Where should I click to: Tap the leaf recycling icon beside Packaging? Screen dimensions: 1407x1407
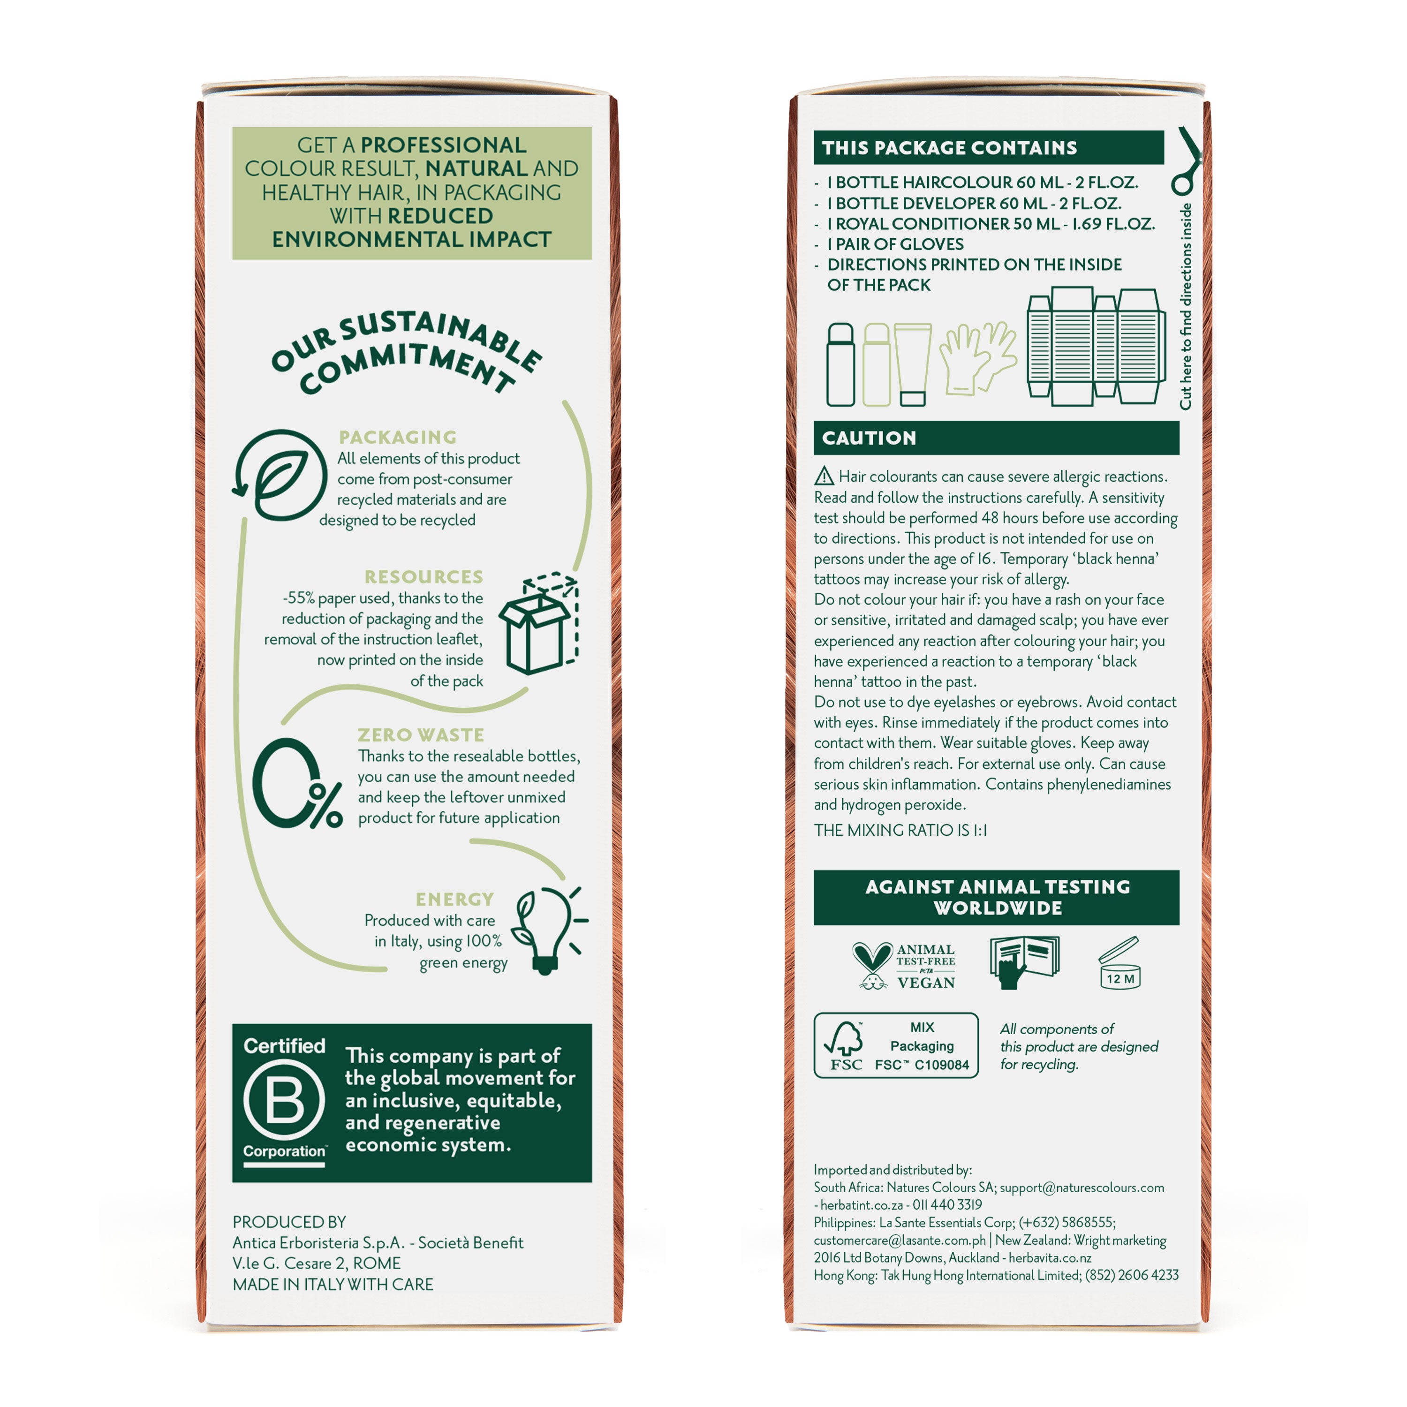coord(280,475)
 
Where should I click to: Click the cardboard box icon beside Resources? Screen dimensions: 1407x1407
coord(539,623)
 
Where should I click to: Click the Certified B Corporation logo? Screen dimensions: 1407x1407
coord(284,1103)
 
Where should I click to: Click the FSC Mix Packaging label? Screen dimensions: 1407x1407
coord(896,1045)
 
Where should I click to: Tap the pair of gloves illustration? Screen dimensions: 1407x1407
coord(977,357)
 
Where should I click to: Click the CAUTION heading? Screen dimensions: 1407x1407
coord(869,438)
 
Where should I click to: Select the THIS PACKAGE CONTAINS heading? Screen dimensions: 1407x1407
coord(949,148)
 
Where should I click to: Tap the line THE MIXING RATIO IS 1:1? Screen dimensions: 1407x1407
coord(900,830)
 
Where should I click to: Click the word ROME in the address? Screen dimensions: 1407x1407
coord(377,1263)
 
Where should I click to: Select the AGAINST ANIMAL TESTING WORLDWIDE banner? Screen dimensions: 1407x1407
coord(996,897)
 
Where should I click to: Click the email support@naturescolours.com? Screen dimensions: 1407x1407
coord(1082,1188)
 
